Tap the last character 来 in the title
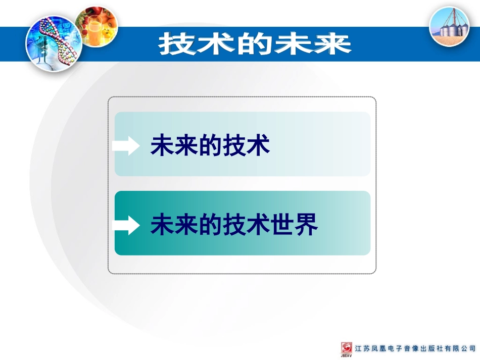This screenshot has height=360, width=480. click(331, 44)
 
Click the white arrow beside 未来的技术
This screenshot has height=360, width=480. click(127, 146)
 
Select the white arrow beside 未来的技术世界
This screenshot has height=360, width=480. click(127, 225)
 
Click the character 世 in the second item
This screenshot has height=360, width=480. click(283, 225)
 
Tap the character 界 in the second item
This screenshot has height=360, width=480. click(307, 225)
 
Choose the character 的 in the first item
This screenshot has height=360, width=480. click(211, 145)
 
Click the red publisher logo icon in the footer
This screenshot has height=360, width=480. click(347, 348)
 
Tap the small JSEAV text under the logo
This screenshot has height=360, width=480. click(347, 356)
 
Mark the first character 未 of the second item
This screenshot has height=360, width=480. click(163, 225)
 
